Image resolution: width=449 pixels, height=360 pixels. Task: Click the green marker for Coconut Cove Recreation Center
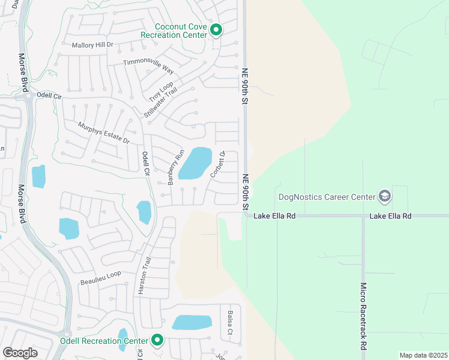pyautogui.click(x=216, y=29)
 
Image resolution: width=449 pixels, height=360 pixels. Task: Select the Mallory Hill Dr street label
pyautogui.click(x=92, y=46)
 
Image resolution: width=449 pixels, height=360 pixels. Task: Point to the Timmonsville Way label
pyautogui.click(x=148, y=65)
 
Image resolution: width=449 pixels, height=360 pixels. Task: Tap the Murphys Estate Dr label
pyautogui.click(x=104, y=133)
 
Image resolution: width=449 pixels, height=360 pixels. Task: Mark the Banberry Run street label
pyautogui.click(x=175, y=170)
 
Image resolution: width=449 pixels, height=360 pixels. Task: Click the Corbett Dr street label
pyautogui.click(x=217, y=164)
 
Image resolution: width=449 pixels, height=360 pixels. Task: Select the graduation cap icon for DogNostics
pyautogui.click(x=384, y=196)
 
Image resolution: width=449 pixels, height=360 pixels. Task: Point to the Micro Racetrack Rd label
pyautogui.click(x=363, y=316)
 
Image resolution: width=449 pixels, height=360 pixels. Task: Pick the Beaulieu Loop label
pyautogui.click(x=100, y=277)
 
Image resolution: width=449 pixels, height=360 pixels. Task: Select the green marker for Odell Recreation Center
pyautogui.click(x=157, y=340)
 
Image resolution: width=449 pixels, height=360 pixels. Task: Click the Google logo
pyautogui.click(x=20, y=352)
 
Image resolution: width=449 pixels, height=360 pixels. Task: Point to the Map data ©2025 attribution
pyautogui.click(x=423, y=355)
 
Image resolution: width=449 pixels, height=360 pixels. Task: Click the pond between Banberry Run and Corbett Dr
pyautogui.click(x=195, y=163)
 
